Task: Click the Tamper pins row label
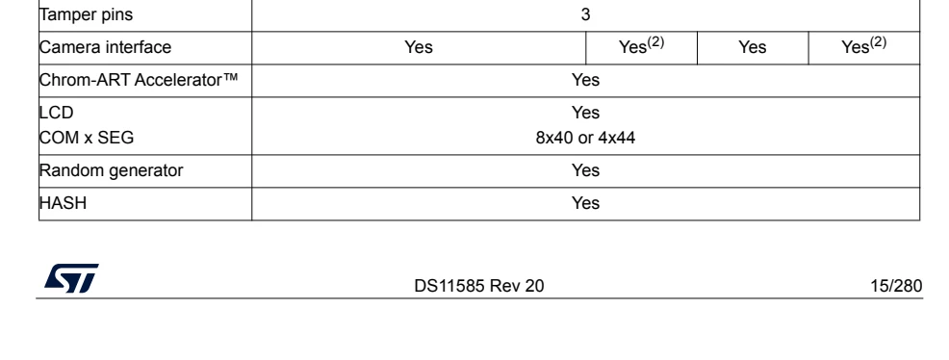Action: pyautogui.click(x=86, y=14)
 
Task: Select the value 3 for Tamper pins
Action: pyautogui.click(x=585, y=14)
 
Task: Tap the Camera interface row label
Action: pyautogui.click(x=105, y=47)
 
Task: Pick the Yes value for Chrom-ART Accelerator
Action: pyautogui.click(x=585, y=80)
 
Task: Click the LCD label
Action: pyautogui.click(x=56, y=113)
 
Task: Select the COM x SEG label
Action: pyautogui.click(x=87, y=138)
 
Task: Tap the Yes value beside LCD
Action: pyautogui.click(x=585, y=113)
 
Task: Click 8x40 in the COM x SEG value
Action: pyautogui.click(x=553, y=138)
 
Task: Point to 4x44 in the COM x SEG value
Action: pyautogui.click(x=617, y=138)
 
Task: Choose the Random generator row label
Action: pyautogui.click(x=111, y=170)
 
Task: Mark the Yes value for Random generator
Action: pyautogui.click(x=585, y=170)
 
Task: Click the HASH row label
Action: pyautogui.click(x=63, y=203)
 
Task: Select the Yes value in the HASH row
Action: pyautogui.click(x=585, y=203)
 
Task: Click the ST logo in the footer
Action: pyautogui.click(x=71, y=278)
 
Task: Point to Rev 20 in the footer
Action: pyautogui.click(x=516, y=286)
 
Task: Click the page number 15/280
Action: pyautogui.click(x=896, y=286)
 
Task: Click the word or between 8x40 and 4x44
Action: pyautogui.click(x=585, y=139)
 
